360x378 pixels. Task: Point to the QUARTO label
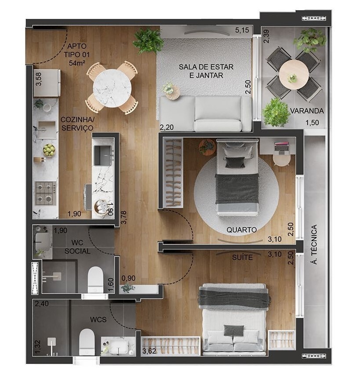tap(242, 229)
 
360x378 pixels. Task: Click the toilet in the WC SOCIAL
tap(95, 280)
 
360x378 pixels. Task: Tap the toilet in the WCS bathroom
tap(87, 341)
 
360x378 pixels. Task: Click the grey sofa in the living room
tap(205, 113)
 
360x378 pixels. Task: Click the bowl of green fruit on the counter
tap(49, 150)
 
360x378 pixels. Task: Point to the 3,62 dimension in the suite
tap(149, 351)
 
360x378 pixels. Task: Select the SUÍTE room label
tap(242, 257)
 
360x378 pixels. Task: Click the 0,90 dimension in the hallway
tap(128, 277)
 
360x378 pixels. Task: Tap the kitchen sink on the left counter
tap(46, 130)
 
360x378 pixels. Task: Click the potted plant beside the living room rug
tap(148, 40)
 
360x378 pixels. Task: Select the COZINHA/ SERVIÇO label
tap(77, 124)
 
